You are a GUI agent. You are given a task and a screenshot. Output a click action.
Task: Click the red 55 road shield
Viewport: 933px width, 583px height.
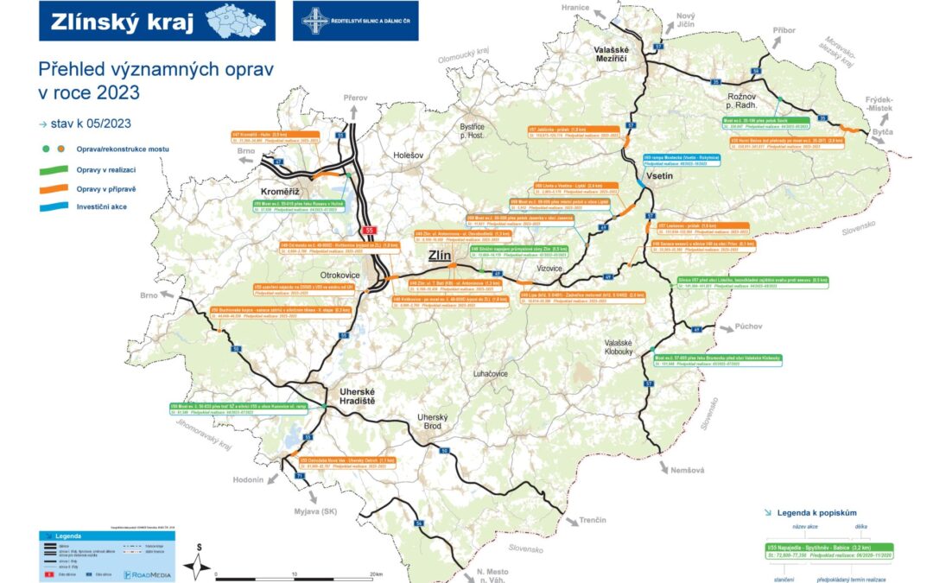[x=369, y=231]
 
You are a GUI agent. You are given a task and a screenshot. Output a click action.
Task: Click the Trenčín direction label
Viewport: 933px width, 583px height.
[x=593, y=520]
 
